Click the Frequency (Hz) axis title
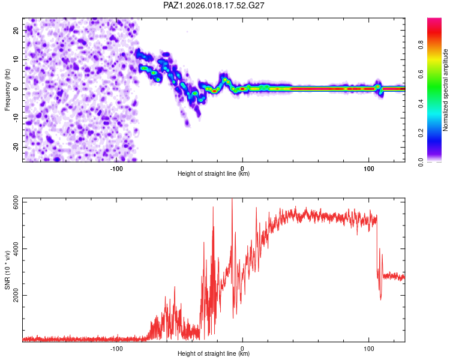click(x=7, y=89)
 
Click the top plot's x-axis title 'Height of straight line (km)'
click(x=214, y=174)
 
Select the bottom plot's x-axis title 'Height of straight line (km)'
click(x=214, y=354)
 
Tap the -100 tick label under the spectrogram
click(x=116, y=168)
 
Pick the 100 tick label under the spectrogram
click(x=368, y=168)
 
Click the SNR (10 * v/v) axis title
click(x=7, y=270)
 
